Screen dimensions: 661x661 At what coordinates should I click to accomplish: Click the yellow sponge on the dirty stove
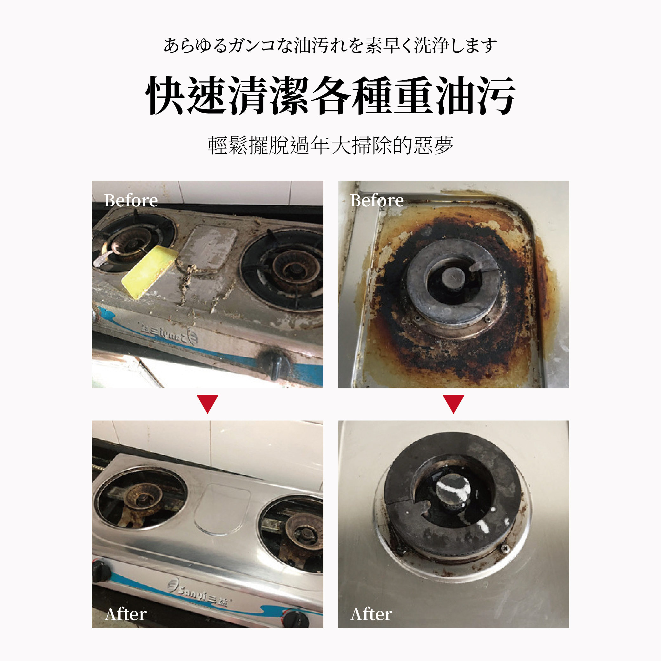pos(149,272)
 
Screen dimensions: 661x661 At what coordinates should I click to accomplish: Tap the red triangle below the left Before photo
pos(207,403)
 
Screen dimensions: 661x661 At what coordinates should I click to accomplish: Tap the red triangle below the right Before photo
pos(453,403)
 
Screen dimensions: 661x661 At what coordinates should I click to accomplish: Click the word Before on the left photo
pos(131,200)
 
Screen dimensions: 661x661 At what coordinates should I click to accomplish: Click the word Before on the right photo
pos(377,200)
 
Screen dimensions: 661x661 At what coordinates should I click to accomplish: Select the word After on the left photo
pos(126,614)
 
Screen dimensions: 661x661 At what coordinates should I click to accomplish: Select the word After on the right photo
pos(372,614)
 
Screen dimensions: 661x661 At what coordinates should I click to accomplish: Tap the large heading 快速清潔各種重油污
pos(331,96)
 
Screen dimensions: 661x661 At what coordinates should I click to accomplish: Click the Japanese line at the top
pos(331,45)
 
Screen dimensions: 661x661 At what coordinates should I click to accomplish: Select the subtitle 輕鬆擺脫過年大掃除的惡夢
pos(331,145)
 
